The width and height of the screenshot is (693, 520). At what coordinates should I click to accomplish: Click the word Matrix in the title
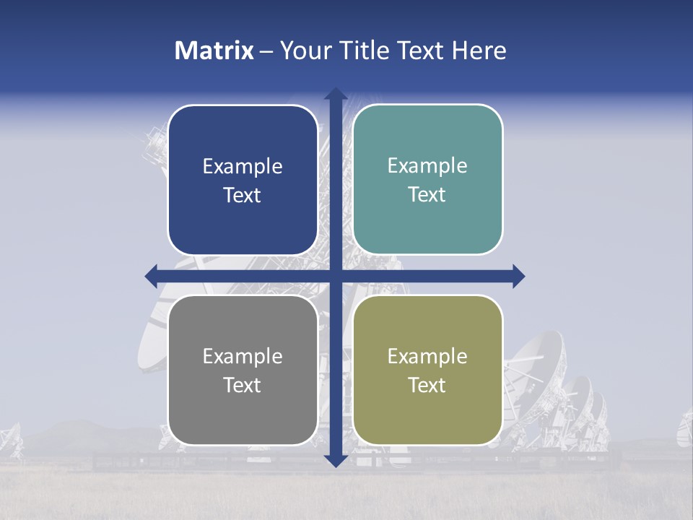214,51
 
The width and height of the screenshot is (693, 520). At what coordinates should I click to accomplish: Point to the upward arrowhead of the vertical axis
335,94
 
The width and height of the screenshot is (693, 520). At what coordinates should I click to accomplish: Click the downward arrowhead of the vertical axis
335,461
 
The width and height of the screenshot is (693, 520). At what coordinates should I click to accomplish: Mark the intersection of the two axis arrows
335,276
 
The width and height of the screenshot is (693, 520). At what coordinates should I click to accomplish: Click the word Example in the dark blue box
243,167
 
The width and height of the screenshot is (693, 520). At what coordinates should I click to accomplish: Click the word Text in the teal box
427,195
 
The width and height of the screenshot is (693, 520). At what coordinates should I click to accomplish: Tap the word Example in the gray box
243,357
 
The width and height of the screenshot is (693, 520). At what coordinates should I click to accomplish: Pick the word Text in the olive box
427,386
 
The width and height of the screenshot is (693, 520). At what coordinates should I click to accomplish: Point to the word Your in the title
304,51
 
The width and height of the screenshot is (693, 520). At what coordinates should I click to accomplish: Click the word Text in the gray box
243,386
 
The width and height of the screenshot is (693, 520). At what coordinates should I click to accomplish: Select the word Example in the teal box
427,166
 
